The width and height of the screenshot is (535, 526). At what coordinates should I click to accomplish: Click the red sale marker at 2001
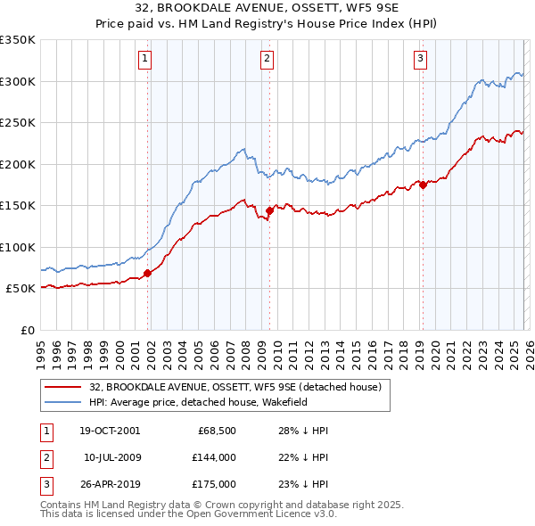(x=148, y=274)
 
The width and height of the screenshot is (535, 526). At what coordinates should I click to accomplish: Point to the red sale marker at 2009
(x=269, y=211)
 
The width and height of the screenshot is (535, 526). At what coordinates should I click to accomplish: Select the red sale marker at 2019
(x=423, y=185)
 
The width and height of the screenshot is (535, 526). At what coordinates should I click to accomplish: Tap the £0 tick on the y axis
(x=27, y=331)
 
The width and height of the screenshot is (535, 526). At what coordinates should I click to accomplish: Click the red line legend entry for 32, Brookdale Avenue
(x=235, y=387)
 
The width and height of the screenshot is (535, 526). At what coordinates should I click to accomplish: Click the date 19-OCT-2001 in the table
(x=110, y=431)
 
